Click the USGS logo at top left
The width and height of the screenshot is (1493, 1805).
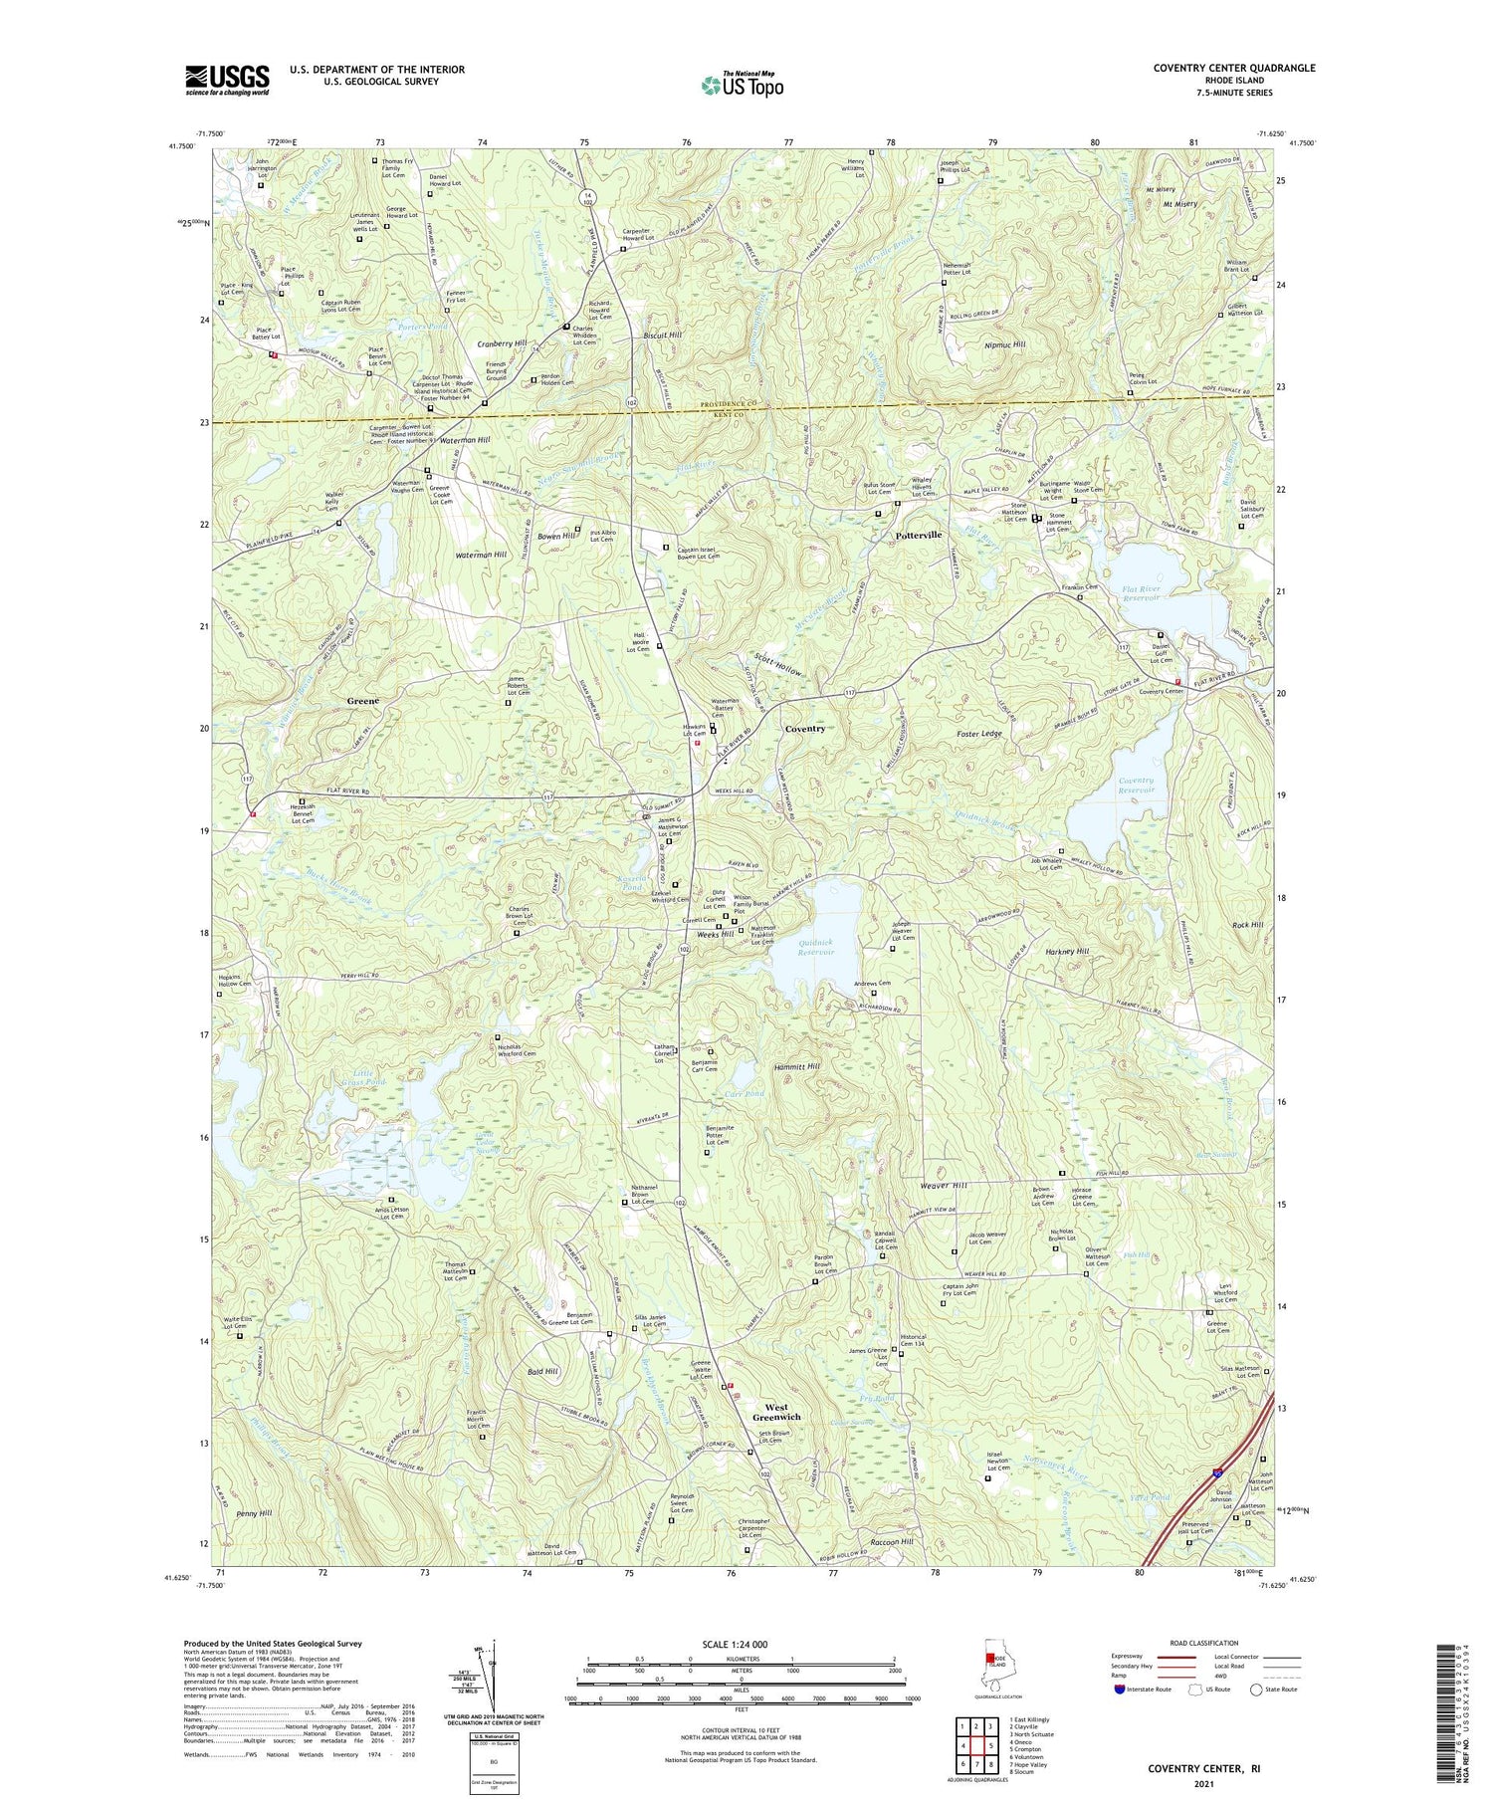click(x=227, y=79)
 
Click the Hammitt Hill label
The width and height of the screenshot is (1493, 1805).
click(x=797, y=1066)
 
